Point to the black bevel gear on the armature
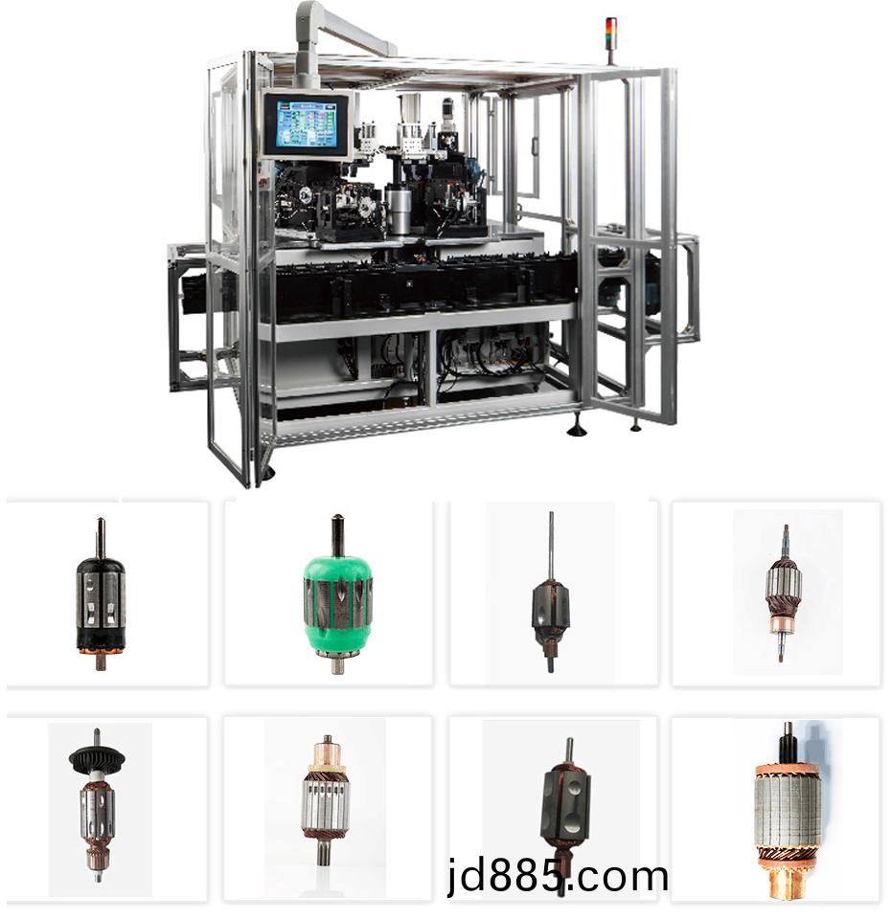pos(97,759)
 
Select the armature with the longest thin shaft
pos(550,592)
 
